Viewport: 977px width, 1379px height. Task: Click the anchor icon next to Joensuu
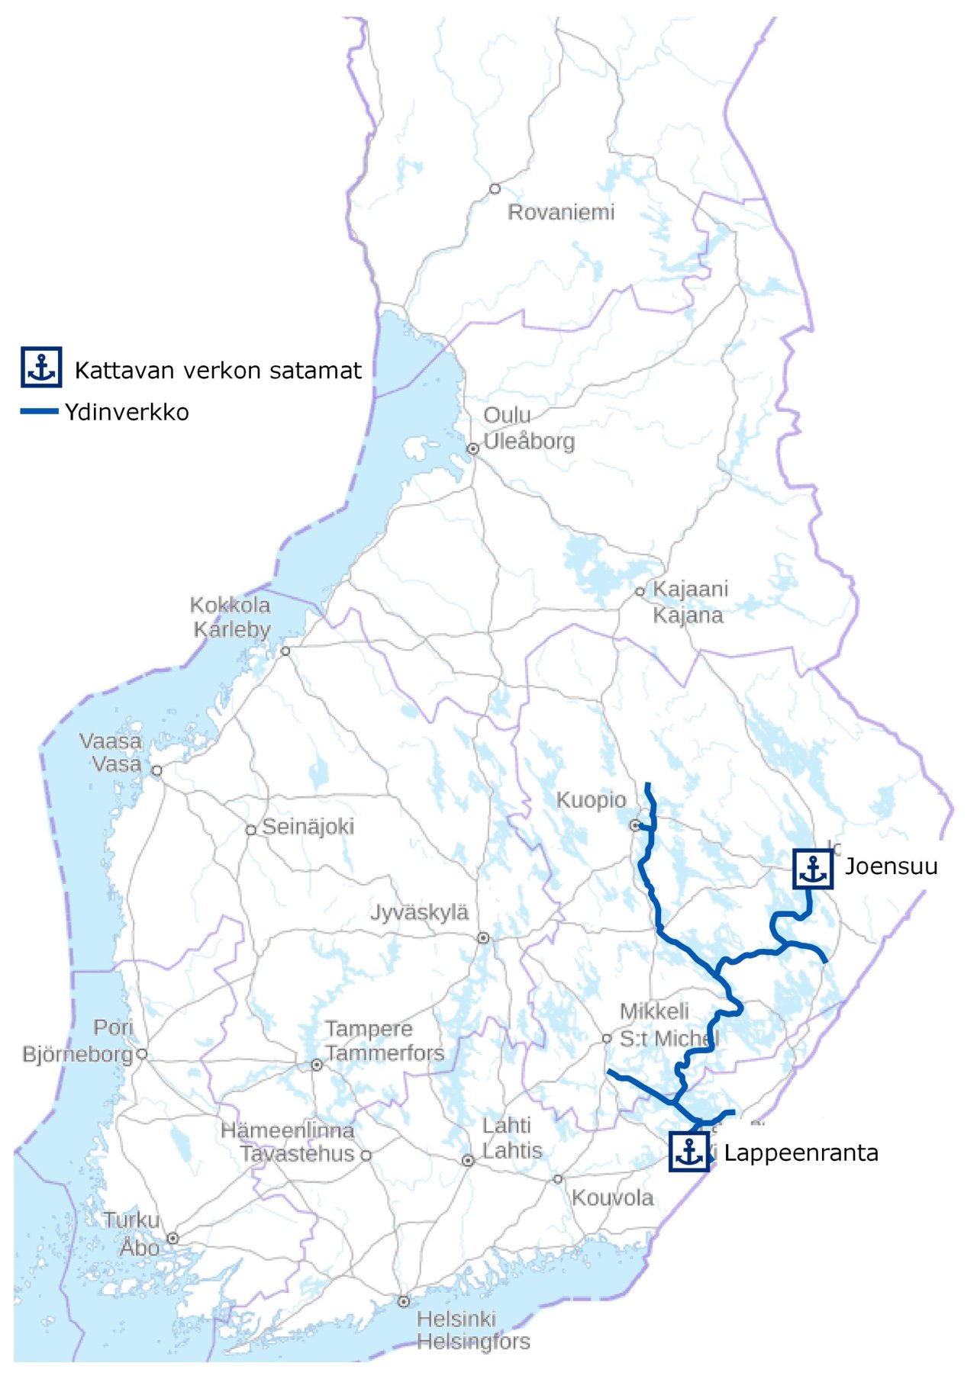pyautogui.click(x=813, y=869)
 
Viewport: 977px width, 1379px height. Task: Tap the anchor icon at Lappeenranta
pyautogui.click(x=689, y=1152)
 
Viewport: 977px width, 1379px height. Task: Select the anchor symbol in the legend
pyautogui.click(x=41, y=367)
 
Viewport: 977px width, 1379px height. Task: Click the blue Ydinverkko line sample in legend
pyautogui.click(x=39, y=412)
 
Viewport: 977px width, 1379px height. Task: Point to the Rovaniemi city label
pyautogui.click(x=561, y=212)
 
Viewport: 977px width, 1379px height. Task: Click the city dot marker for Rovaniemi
pyautogui.click(x=495, y=188)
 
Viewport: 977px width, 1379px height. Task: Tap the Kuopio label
pyautogui.click(x=591, y=800)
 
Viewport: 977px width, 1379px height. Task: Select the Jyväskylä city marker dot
pyautogui.click(x=483, y=937)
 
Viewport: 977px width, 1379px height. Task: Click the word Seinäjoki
pyautogui.click(x=308, y=827)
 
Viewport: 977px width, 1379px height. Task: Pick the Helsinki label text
pyautogui.click(x=456, y=1319)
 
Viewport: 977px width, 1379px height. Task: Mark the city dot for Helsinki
pyautogui.click(x=404, y=1301)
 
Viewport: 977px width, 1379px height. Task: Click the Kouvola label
pyautogui.click(x=613, y=1197)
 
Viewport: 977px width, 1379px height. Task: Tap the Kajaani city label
pyautogui.click(x=690, y=589)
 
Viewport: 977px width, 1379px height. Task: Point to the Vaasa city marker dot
pyautogui.click(x=157, y=770)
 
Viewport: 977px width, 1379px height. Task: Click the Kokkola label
pyautogui.click(x=230, y=606)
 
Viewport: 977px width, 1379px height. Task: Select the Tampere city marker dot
pyautogui.click(x=317, y=1065)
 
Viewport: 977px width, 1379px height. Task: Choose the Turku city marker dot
pyautogui.click(x=173, y=1238)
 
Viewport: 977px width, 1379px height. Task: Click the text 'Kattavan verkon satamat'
pyautogui.click(x=218, y=371)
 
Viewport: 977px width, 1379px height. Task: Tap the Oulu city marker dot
pyautogui.click(x=473, y=448)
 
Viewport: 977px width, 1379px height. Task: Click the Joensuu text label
pyautogui.click(x=891, y=866)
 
